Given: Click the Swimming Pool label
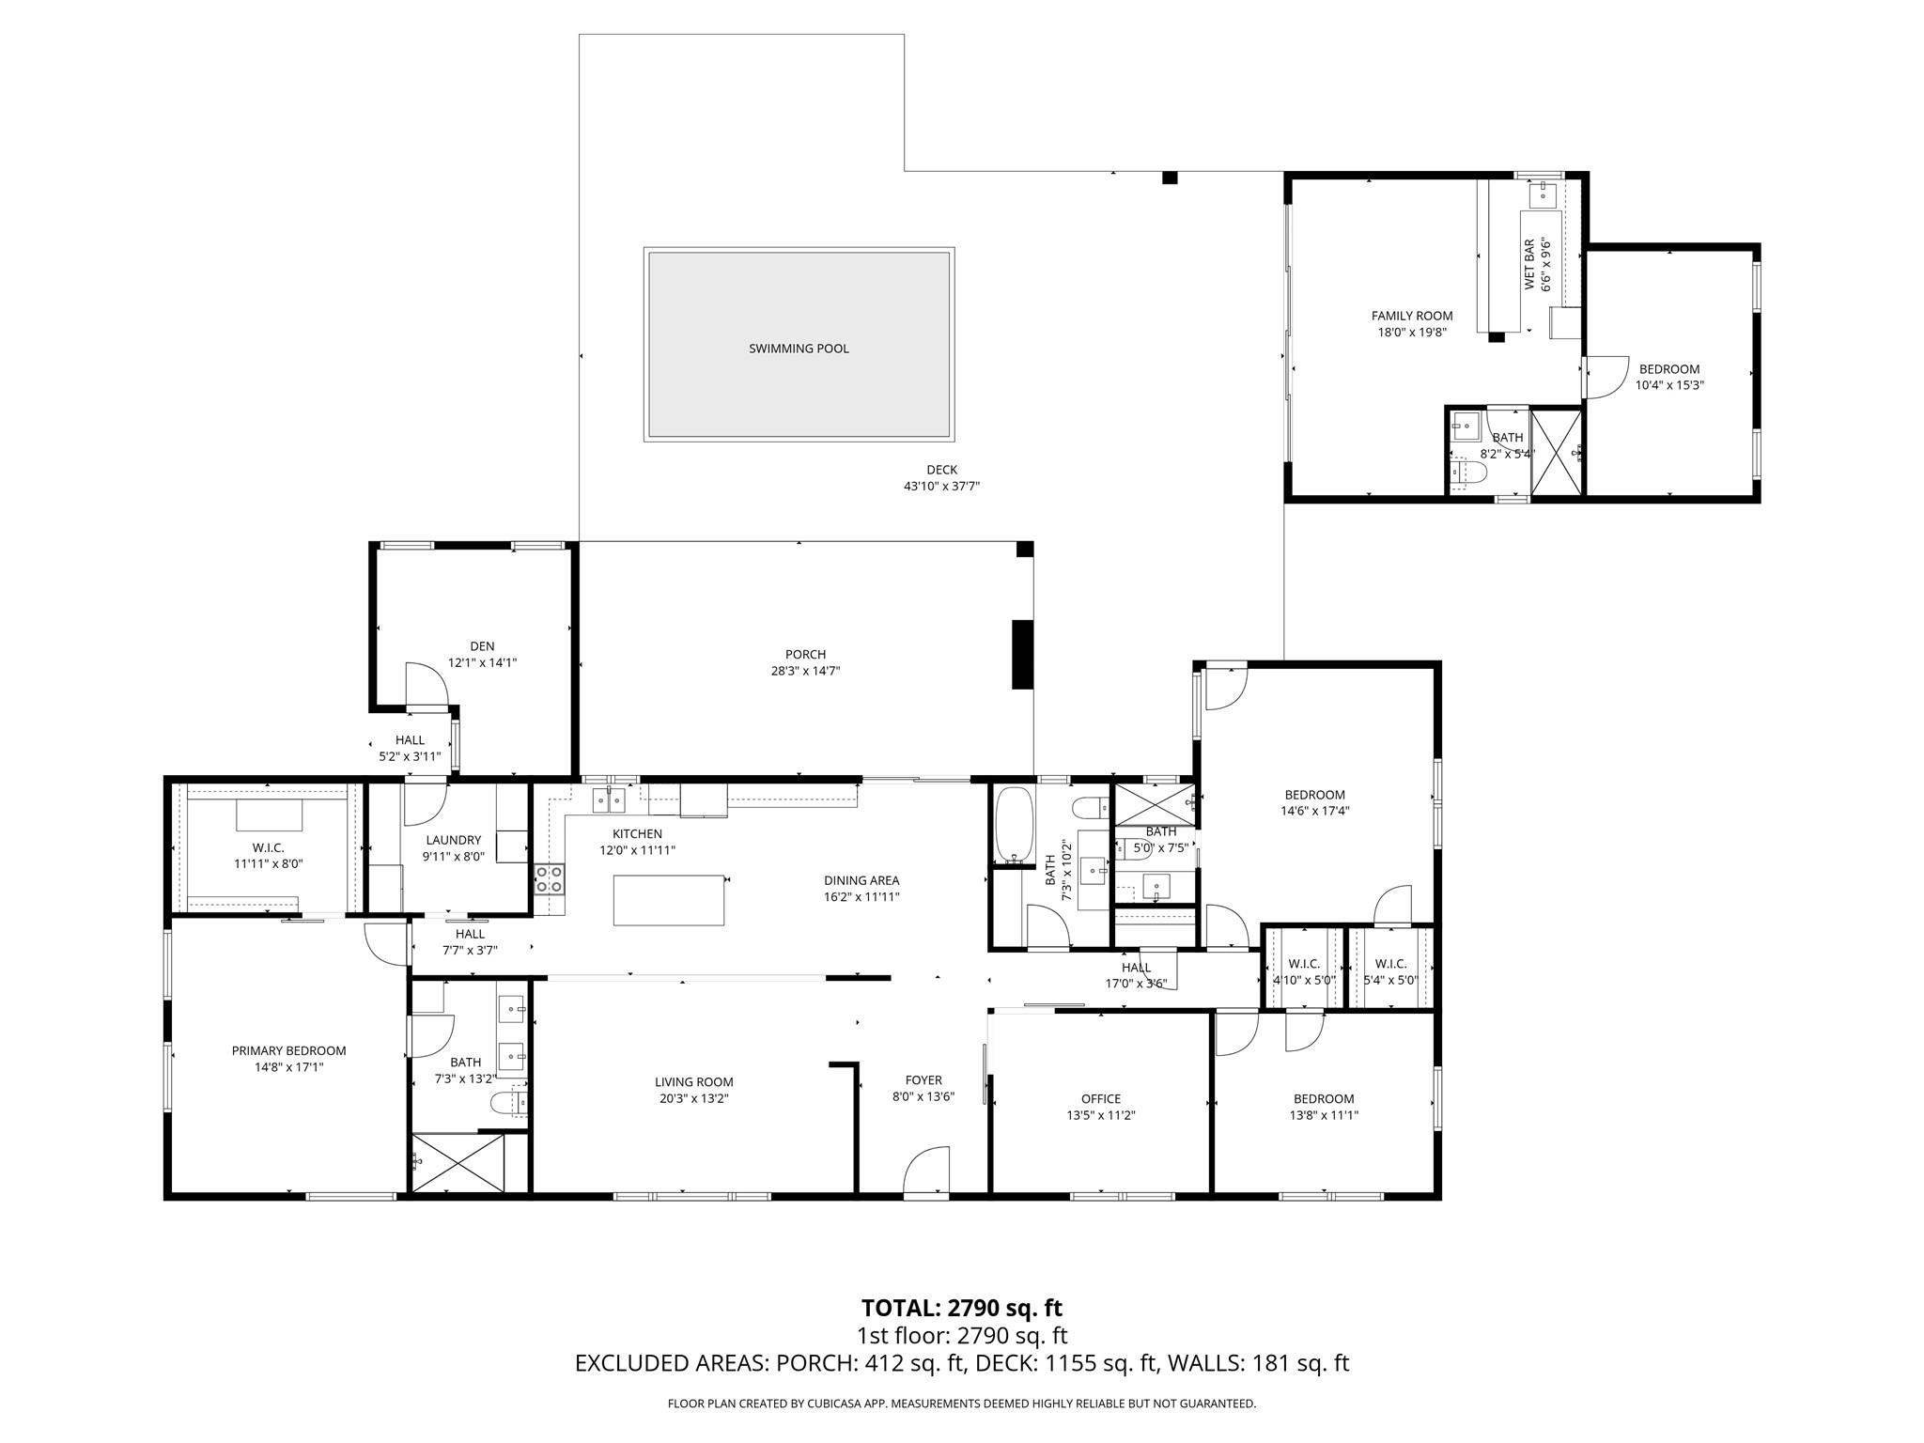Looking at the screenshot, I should [799, 349].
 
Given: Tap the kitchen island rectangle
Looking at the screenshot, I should [669, 900].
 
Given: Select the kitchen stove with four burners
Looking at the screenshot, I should [549, 878].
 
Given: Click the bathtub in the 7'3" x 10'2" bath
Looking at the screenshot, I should [1014, 825].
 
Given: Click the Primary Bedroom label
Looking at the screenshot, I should [288, 1050].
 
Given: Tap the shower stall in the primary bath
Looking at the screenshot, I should [458, 1163].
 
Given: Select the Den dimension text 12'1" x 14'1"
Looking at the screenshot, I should [482, 662].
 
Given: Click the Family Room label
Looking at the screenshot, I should [1411, 316].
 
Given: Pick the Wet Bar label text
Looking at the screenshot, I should [1528, 264].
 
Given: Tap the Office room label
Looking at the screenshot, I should [1100, 1098].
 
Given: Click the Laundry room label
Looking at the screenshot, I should [453, 840].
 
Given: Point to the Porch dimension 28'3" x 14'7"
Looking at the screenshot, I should [805, 671].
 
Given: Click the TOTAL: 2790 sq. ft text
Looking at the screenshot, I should [961, 1308].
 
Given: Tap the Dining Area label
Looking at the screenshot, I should [861, 880].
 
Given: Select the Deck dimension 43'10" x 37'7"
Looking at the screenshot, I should [941, 486].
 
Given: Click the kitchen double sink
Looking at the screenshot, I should [609, 801].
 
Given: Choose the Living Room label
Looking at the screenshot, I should [694, 1081].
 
